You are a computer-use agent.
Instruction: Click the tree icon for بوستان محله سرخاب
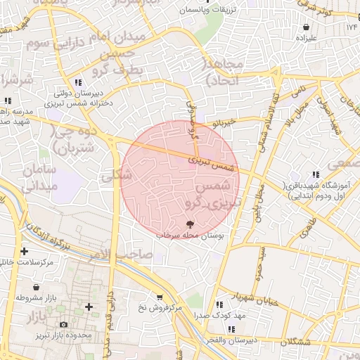(x=189, y=224)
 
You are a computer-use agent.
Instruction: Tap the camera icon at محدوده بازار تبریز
(x=64, y=325)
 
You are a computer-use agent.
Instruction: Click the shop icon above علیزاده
(x=306, y=27)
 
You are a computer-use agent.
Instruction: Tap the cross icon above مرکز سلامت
(x=25, y=251)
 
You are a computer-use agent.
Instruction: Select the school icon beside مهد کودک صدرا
(x=219, y=305)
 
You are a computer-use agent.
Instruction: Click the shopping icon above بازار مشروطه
(x=35, y=287)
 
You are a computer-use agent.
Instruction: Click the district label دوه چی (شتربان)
(x=74, y=139)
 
